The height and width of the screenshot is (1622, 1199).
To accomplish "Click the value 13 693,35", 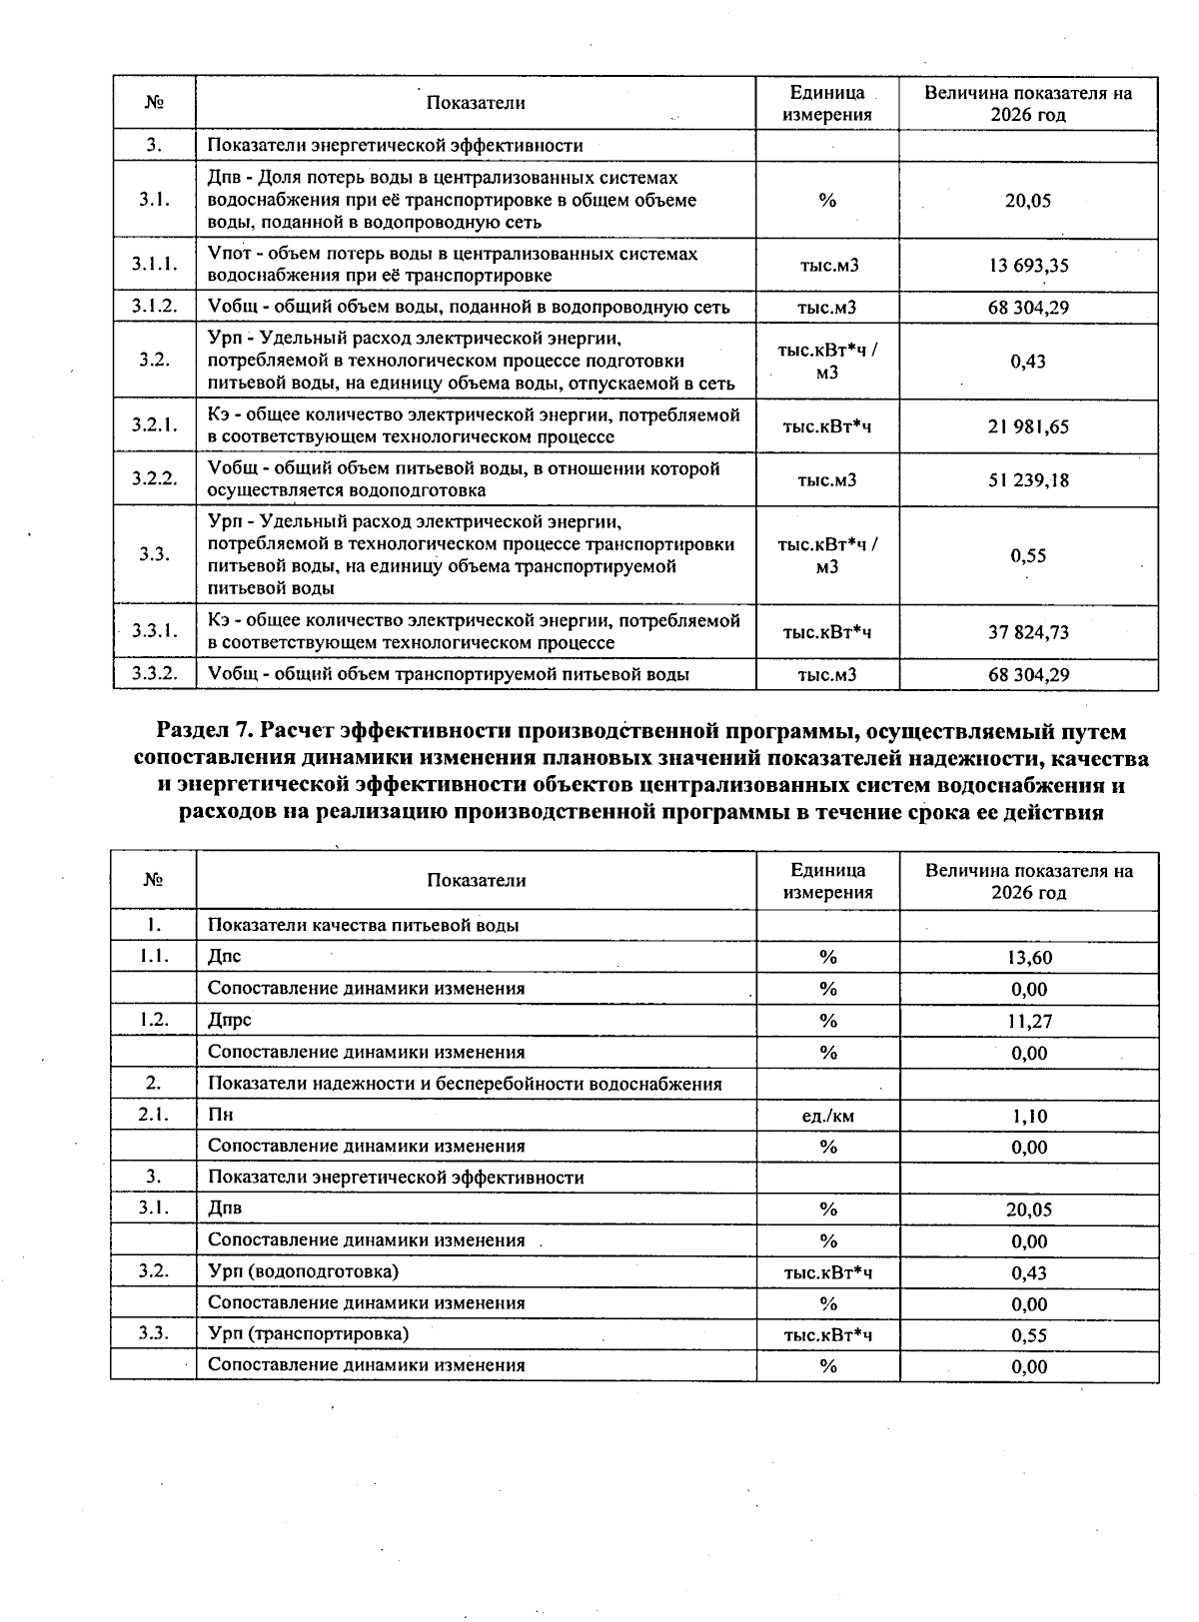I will (x=1028, y=265).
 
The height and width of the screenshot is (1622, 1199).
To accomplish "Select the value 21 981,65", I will (x=1028, y=426).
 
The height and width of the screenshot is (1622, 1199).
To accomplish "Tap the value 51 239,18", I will (x=1028, y=479).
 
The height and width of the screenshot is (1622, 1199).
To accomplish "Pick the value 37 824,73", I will (x=1028, y=632).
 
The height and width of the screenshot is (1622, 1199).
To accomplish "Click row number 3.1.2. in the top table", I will (x=154, y=307).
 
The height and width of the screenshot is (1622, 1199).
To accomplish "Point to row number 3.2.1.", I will (x=154, y=424).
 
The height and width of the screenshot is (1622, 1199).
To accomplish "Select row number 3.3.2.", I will (x=154, y=674).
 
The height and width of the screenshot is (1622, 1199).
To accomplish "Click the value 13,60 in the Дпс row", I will (x=1028, y=958).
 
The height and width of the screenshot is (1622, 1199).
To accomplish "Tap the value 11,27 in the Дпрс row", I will (x=1028, y=1021).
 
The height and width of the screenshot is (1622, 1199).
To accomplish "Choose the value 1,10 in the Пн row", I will (x=1028, y=1116).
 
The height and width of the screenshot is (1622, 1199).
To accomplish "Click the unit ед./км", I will (x=827, y=1116).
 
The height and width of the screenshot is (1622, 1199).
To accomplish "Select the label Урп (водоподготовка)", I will (x=303, y=1271).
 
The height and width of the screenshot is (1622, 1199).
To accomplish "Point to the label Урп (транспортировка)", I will (x=308, y=1334).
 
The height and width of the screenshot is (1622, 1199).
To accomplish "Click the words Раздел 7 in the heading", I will (x=204, y=732).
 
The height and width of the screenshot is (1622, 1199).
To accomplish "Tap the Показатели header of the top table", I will (x=475, y=103).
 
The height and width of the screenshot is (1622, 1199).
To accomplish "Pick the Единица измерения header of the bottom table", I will (x=827, y=881).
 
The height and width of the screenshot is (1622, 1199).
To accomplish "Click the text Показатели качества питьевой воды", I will (x=363, y=925).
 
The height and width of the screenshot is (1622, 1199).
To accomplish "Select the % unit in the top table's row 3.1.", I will (x=827, y=201).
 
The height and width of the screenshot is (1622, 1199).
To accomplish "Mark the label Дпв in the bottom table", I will (x=225, y=1209).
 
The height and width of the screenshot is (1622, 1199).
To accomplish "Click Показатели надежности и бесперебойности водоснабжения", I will (x=465, y=1084).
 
